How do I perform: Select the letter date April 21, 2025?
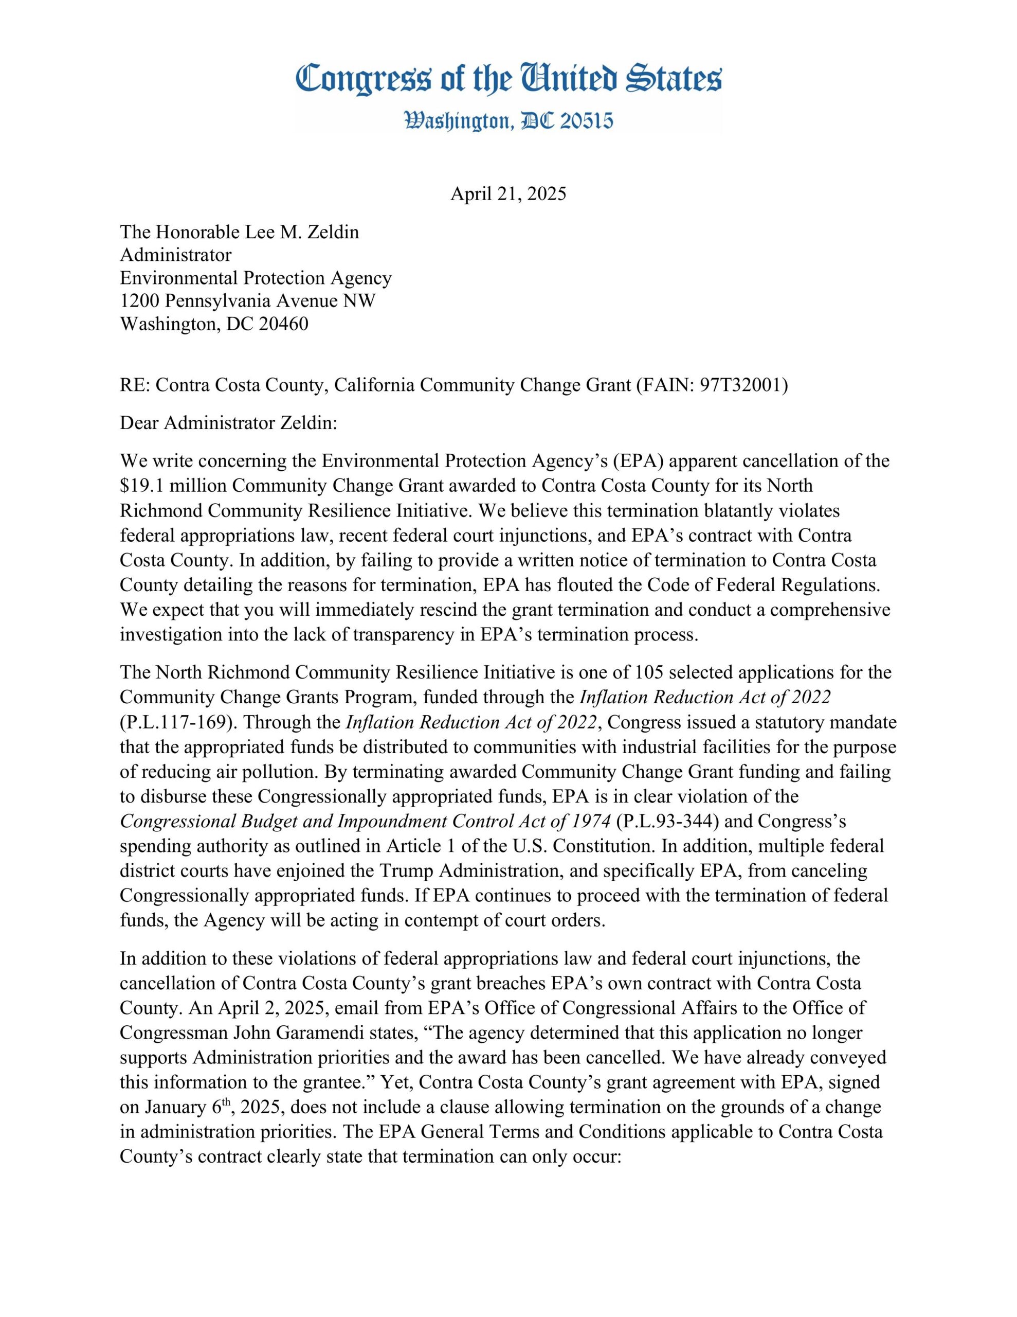point(508,194)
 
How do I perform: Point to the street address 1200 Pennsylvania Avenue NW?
point(247,301)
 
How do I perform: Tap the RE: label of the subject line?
point(135,385)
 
